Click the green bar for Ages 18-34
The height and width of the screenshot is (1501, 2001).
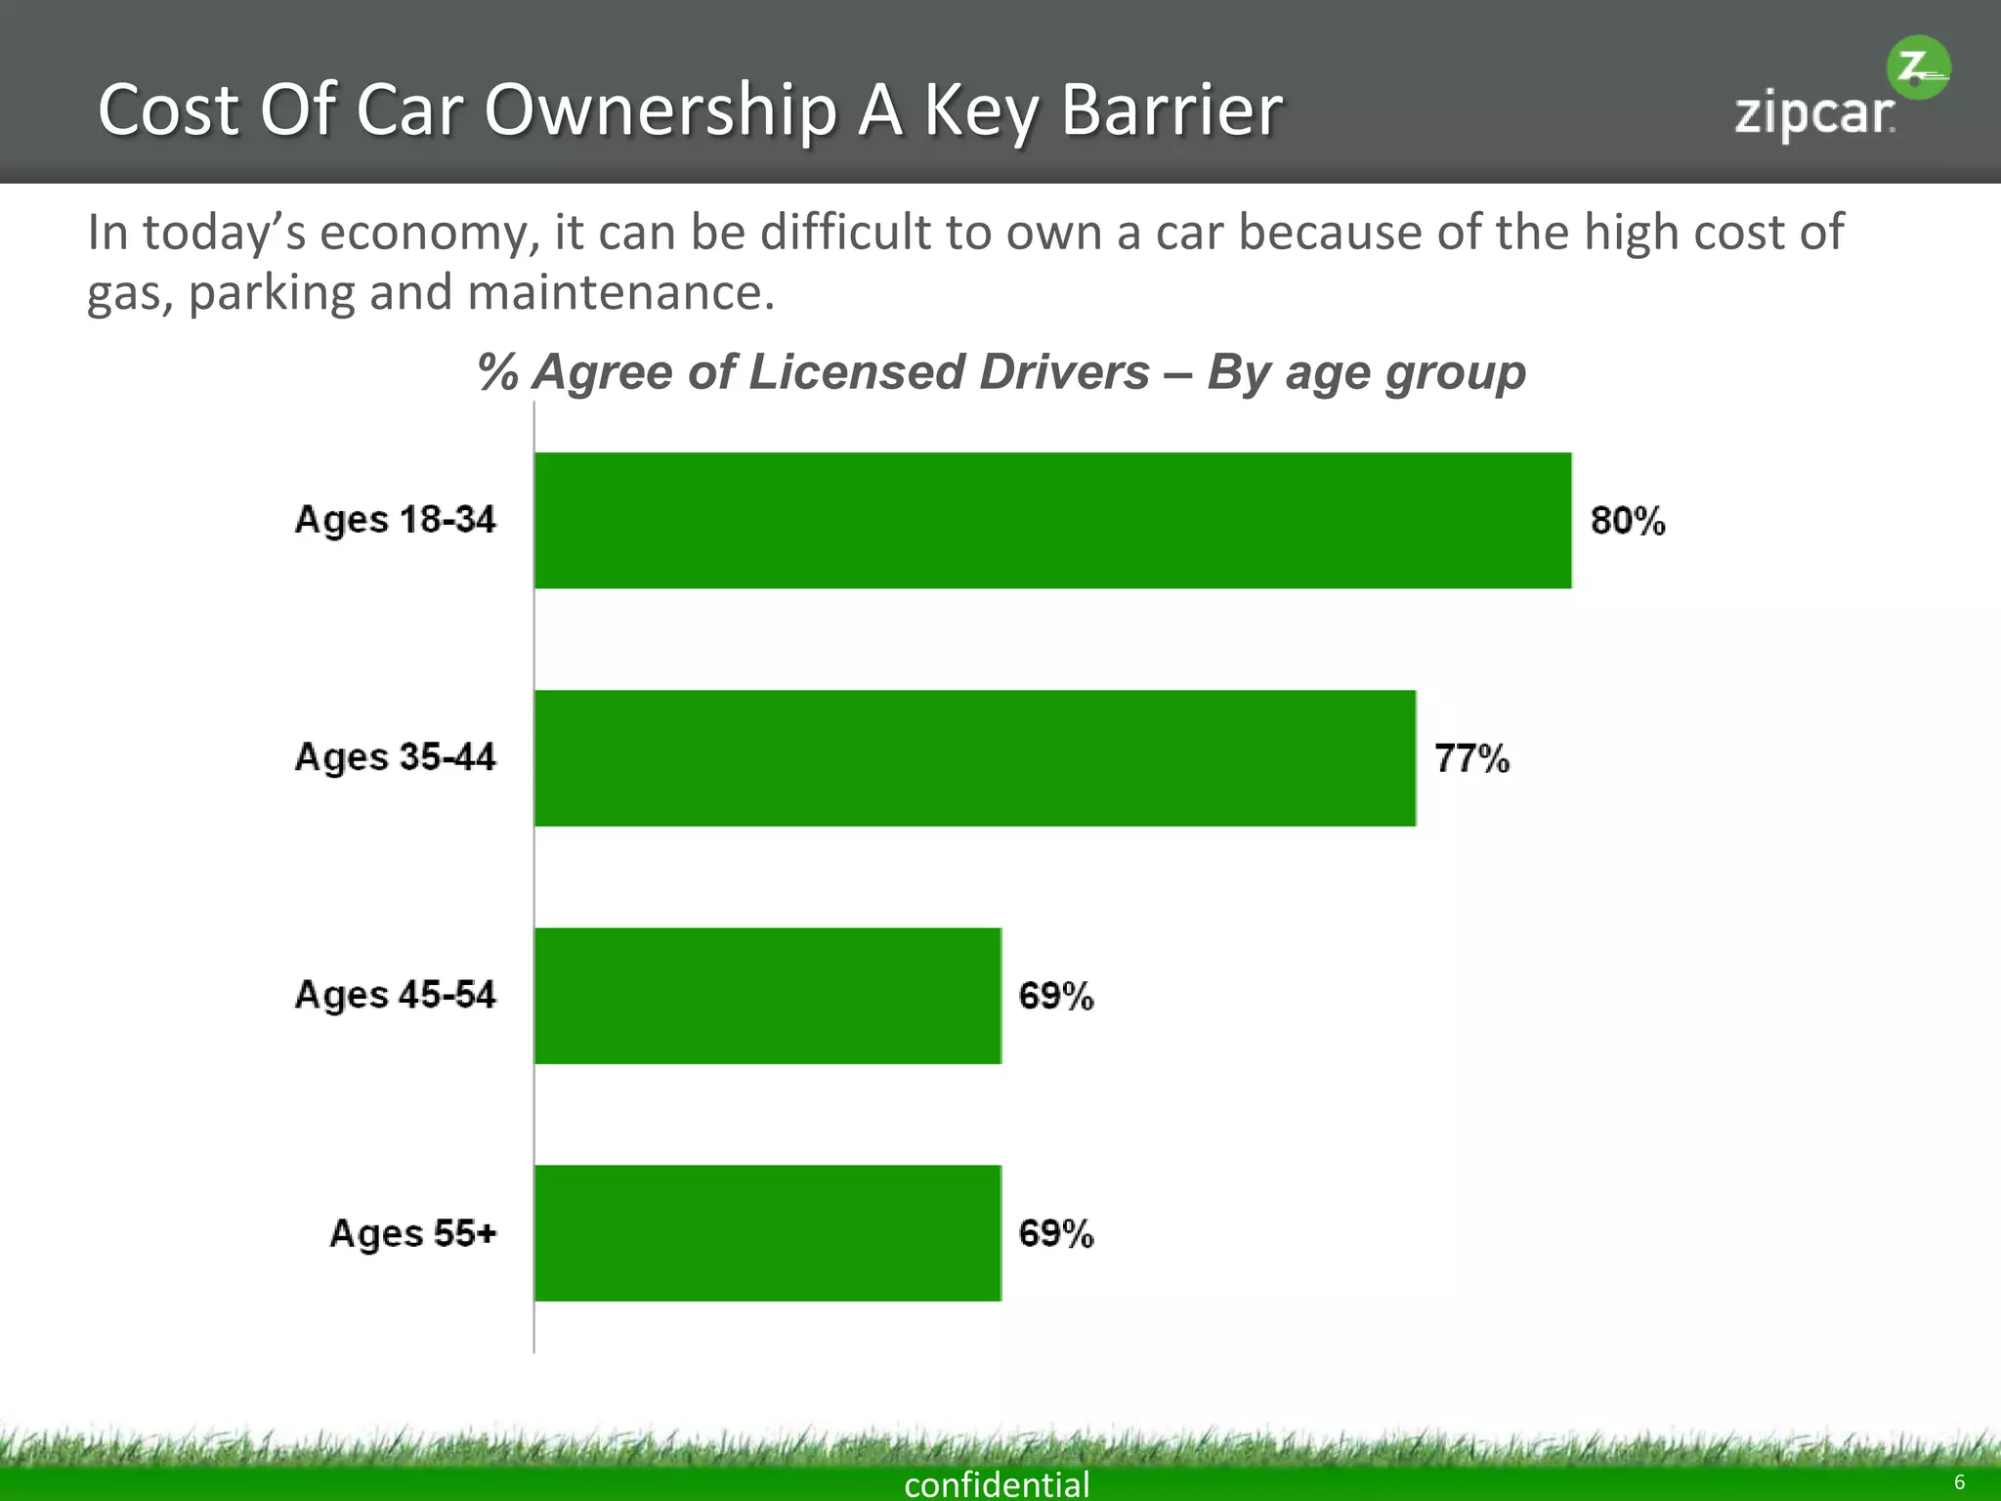[x=1053, y=520]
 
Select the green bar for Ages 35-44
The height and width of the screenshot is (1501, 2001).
[x=975, y=757]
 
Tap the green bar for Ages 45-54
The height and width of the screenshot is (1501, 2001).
[x=768, y=995]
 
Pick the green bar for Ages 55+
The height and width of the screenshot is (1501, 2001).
[x=768, y=1232]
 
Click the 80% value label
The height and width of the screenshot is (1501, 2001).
[x=1627, y=520]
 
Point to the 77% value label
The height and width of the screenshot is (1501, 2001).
[x=1471, y=758]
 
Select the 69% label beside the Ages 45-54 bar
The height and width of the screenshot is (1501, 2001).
[x=1055, y=996]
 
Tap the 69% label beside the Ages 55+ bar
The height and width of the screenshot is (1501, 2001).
[x=1055, y=1233]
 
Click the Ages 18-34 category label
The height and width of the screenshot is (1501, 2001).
[x=396, y=520]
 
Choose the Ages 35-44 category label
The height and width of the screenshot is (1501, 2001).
[x=396, y=757]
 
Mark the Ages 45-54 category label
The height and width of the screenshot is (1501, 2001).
[x=396, y=995]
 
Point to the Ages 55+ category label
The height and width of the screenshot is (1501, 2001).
[x=413, y=1233]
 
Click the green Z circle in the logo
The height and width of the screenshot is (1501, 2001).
[x=1917, y=68]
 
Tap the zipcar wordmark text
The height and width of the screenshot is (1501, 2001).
[x=1813, y=115]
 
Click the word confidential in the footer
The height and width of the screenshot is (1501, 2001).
[x=997, y=1484]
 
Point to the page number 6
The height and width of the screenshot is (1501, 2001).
[x=1959, y=1482]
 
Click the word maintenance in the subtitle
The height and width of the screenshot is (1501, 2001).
[x=621, y=292]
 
